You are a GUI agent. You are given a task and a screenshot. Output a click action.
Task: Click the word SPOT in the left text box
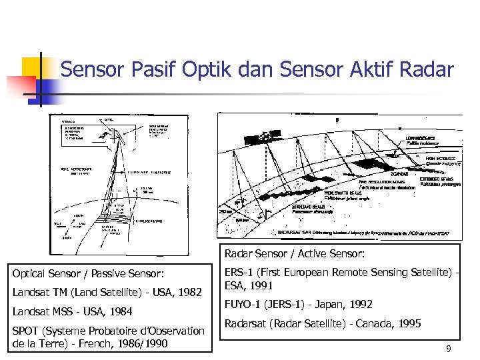(27, 331)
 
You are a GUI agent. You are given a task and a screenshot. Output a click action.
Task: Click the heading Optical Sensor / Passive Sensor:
(89, 273)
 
